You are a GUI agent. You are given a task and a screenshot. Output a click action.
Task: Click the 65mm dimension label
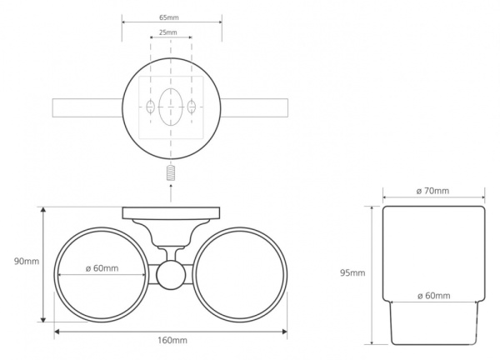pos(169,17)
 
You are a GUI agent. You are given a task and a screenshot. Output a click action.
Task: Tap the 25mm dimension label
pos(168,32)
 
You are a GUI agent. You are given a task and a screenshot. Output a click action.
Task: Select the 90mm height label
pos(27,262)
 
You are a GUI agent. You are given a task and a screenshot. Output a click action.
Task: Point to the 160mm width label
pos(172,340)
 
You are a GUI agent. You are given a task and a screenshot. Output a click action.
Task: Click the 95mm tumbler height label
pos(352,273)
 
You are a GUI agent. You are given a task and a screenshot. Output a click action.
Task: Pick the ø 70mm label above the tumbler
pos(432,191)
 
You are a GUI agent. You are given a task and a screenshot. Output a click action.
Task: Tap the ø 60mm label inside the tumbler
pos(434,296)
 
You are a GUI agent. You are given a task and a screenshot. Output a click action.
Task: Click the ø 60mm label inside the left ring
pos(102,268)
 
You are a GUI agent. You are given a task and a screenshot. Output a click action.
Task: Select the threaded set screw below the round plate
pos(171,172)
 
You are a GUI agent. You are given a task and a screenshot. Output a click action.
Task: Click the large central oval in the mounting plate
pos(171,107)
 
